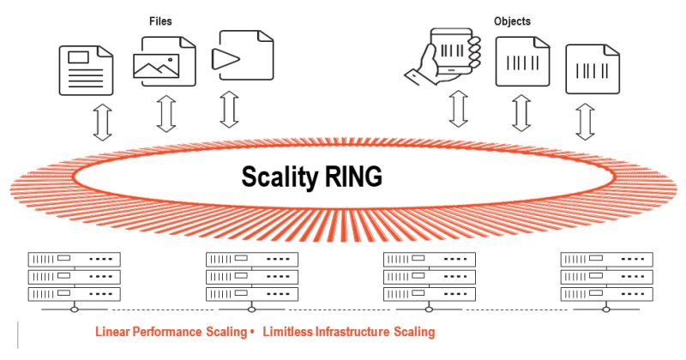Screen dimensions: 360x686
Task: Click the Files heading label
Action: tap(160, 20)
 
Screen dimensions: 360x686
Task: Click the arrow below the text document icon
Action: tap(102, 123)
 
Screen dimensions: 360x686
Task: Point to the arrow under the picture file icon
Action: tap(165, 113)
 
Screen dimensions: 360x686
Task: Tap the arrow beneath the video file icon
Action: tap(229, 109)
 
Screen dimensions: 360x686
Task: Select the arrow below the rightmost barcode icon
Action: tap(585, 121)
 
